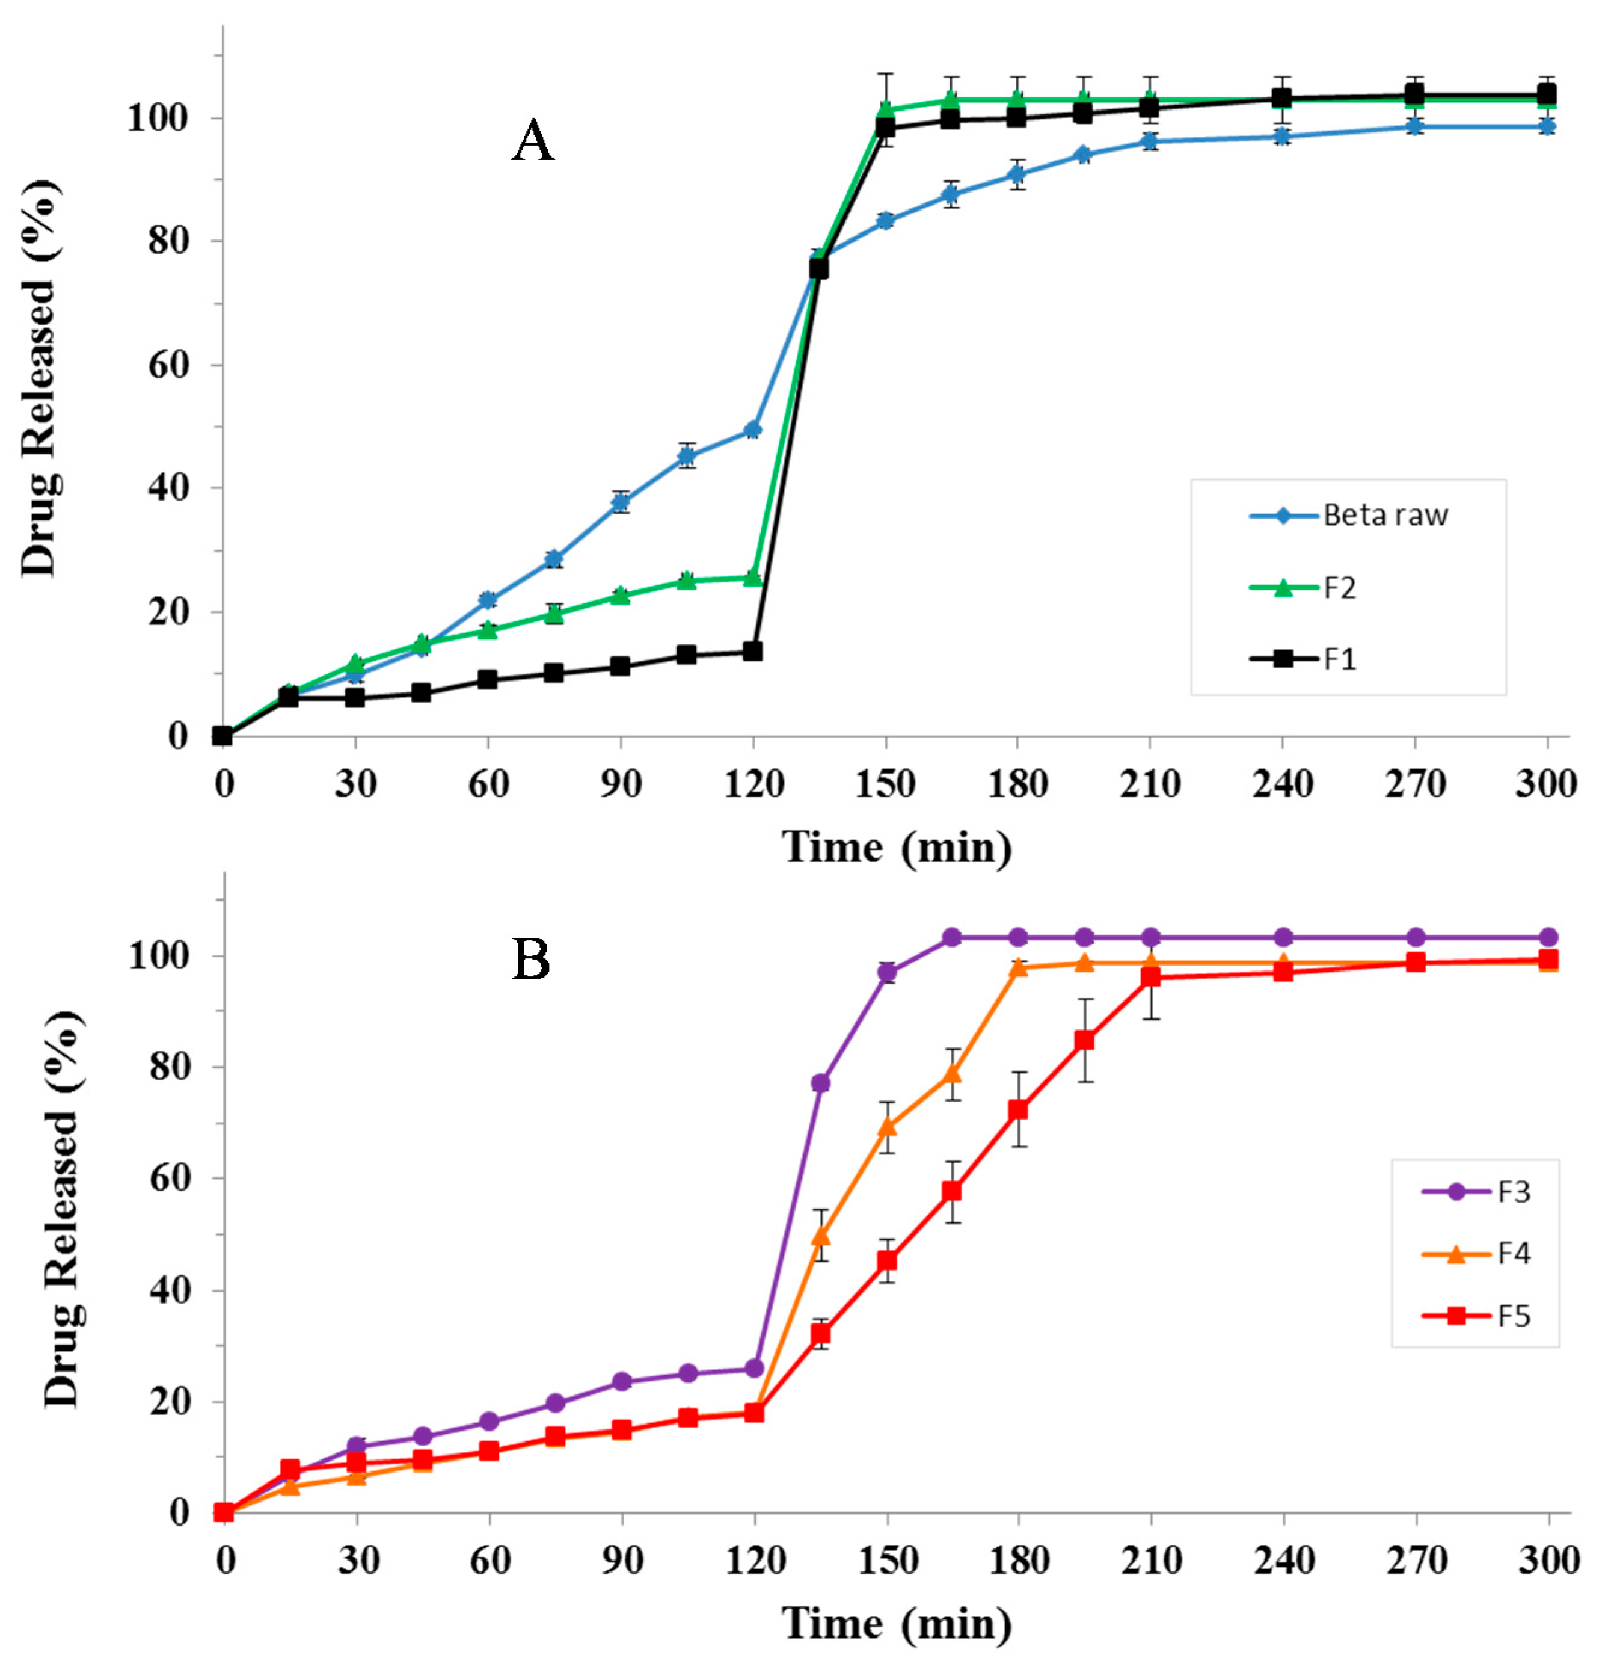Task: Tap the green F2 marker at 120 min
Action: (x=753, y=578)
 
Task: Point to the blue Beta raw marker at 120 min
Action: (x=753, y=430)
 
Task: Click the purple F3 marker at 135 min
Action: (x=820, y=1082)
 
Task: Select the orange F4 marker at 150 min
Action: (x=887, y=1127)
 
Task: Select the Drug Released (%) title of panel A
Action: (x=39, y=378)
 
